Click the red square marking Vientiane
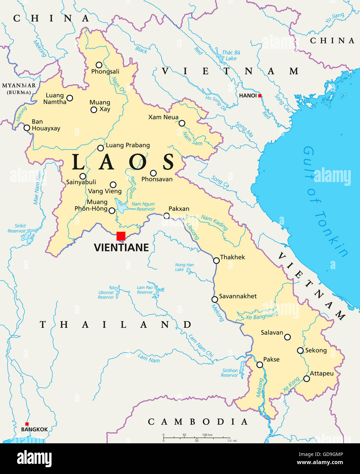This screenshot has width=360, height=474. pos(121,236)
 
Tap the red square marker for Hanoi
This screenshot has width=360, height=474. pos(260,96)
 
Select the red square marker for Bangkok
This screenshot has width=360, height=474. pos(27,424)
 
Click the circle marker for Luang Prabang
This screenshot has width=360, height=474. pos(100,148)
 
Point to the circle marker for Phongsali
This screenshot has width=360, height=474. pos(99,65)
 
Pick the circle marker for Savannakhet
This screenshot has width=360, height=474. pos(215,299)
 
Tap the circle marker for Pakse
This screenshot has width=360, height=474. pos(260,365)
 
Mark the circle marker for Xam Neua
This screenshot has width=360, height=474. pos(182,123)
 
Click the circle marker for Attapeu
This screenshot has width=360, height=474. pos(307,379)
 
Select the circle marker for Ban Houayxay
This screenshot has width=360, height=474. pos(27,128)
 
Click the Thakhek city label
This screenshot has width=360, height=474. pos(232,257)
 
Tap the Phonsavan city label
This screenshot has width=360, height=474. pos(157,179)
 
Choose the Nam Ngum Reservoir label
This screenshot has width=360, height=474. pos(144,207)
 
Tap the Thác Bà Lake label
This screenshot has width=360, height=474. pos(231,55)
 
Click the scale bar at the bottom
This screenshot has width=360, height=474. pos(197,438)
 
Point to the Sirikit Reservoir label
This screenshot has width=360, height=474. pos(18,228)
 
